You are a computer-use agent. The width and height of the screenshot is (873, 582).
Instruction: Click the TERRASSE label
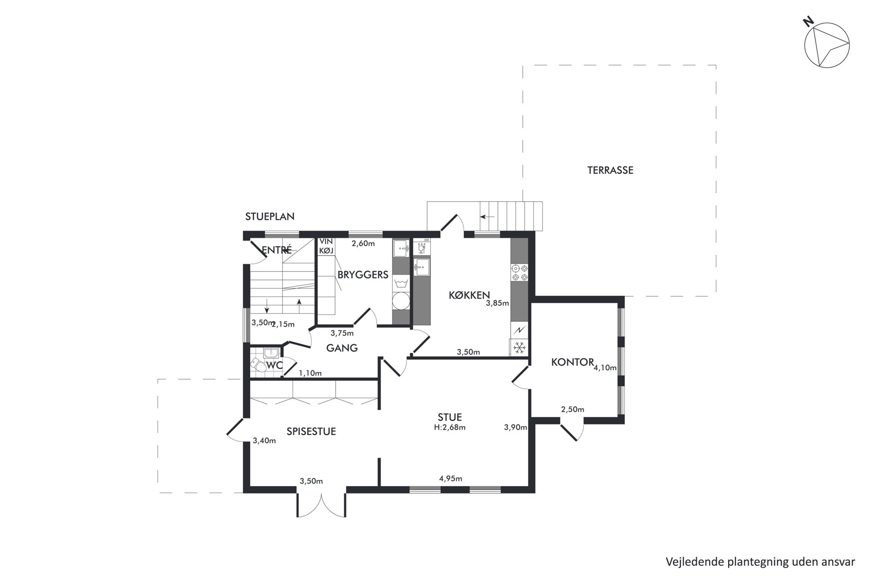610,170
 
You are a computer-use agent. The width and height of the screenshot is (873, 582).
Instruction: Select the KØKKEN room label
469,295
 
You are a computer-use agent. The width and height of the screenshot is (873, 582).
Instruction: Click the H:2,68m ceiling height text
450,427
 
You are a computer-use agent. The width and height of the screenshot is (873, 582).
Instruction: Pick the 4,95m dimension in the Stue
451,479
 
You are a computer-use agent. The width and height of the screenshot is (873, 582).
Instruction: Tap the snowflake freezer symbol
520,348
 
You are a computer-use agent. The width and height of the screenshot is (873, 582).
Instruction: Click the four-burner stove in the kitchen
520,273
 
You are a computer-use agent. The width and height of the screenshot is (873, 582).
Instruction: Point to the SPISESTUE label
311,432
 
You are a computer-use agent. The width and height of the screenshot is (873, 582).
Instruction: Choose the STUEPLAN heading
270,216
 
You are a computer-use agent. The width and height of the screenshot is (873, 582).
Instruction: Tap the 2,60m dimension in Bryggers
363,243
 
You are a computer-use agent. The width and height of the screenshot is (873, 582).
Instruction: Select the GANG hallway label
342,348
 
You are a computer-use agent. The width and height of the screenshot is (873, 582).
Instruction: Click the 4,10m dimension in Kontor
605,368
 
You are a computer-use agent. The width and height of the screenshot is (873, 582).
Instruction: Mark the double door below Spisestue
322,504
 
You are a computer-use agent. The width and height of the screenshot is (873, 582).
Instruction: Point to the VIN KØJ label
326,246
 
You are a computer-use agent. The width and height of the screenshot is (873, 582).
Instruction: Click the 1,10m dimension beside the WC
310,373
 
